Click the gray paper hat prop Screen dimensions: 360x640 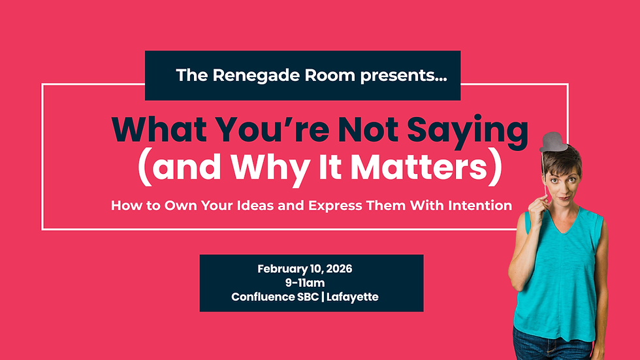553,139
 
